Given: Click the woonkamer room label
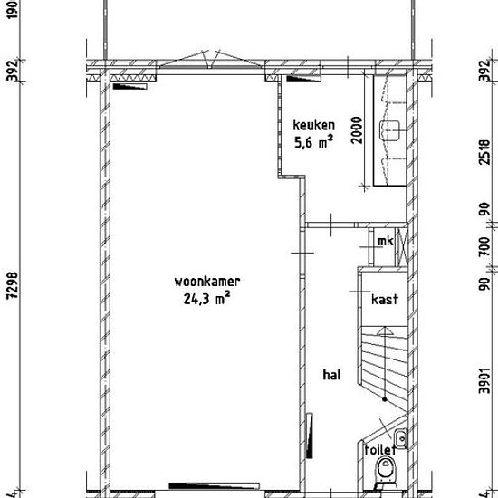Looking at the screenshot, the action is [207, 282].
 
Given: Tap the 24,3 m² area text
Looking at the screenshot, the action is [206, 299].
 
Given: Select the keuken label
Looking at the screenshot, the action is [314, 125].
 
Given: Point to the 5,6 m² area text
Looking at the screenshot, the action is [314, 142].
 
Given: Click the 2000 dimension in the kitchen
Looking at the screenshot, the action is [358, 130].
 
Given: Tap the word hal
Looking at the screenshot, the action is [331, 375].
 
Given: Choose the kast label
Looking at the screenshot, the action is [385, 299].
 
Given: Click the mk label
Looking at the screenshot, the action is [385, 242].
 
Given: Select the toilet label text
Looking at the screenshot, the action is [380, 450].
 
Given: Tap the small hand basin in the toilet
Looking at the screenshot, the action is [401, 438].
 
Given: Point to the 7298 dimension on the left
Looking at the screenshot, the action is [14, 285].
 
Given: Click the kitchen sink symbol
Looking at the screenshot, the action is [389, 130].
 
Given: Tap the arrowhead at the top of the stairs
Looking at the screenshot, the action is [385, 330].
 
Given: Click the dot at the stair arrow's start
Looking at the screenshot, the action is [385, 399].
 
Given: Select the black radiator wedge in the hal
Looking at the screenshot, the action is [309, 436].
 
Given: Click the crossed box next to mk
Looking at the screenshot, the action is [402, 247].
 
